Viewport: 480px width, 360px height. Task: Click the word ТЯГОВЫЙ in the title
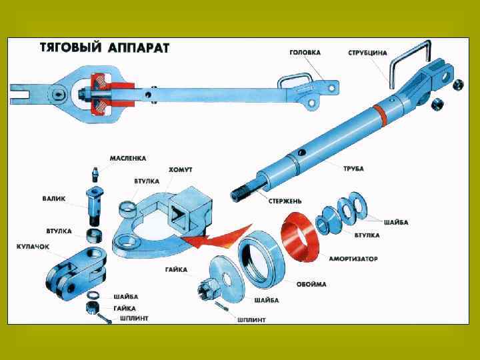pos(71,48)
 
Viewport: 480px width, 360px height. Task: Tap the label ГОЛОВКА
pos(305,53)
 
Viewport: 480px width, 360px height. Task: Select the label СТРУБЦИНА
pos(367,53)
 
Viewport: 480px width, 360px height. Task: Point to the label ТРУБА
pos(353,169)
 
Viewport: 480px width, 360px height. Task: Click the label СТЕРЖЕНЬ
pos(285,201)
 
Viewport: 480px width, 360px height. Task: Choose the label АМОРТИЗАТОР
pos(353,259)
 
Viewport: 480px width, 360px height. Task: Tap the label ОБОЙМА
pos(311,285)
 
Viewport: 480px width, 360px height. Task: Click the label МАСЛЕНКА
pos(128,159)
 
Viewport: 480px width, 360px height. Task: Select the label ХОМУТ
pos(181,170)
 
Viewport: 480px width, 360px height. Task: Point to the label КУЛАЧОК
pos(33,247)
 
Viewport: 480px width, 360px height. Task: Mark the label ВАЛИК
pos(54,199)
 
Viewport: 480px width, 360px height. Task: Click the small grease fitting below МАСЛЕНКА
pos(96,174)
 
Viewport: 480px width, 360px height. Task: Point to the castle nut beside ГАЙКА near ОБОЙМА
pos(209,289)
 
